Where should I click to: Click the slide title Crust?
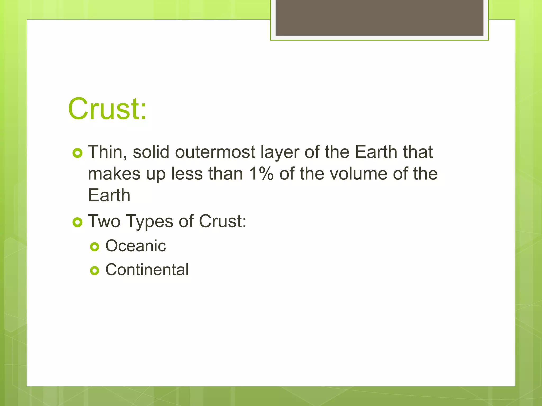pos(107,109)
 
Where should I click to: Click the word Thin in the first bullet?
pos(107,152)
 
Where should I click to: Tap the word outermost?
pos(215,152)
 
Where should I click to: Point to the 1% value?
pos(261,174)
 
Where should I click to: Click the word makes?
pos(114,174)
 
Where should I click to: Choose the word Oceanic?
pos(135,246)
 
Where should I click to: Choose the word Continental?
pos(147,270)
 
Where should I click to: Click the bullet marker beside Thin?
pos(77,153)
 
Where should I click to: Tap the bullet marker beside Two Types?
pos(77,222)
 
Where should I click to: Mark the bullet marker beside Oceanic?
pos(94,247)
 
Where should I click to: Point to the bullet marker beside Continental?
pos(94,271)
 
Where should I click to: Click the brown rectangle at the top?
pos(379,18)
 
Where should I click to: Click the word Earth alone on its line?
pos(109,195)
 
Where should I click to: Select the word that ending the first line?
pos(418,152)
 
